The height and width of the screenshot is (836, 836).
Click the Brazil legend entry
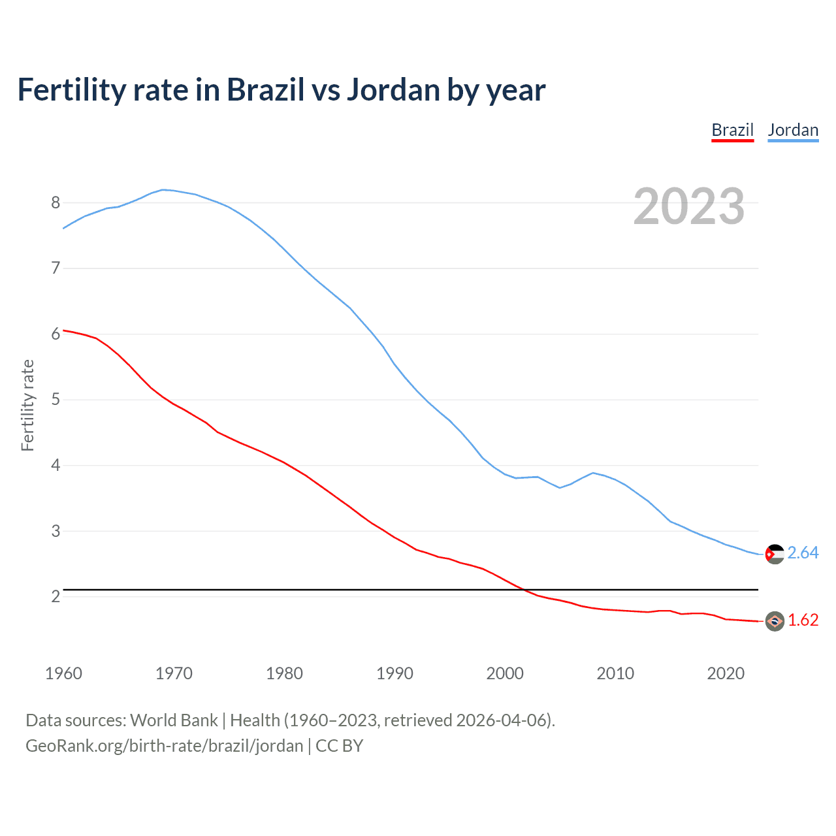pyautogui.click(x=732, y=130)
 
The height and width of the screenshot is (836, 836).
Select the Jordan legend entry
pyautogui.click(x=793, y=130)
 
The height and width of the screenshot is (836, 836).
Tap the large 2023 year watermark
pyautogui.click(x=689, y=206)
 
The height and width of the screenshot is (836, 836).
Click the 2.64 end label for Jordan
pyautogui.click(x=803, y=553)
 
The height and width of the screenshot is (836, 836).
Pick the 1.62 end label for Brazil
pyautogui.click(x=803, y=620)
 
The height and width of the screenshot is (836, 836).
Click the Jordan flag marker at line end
pyautogui.click(x=775, y=554)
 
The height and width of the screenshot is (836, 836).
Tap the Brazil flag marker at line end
pyautogui.click(x=775, y=621)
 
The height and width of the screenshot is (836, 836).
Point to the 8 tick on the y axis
pyautogui.click(x=56, y=202)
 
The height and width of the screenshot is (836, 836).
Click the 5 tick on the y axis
pyautogui.click(x=56, y=399)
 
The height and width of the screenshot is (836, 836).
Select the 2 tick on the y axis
pyautogui.click(x=56, y=596)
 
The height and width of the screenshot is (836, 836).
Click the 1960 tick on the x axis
pyautogui.click(x=63, y=673)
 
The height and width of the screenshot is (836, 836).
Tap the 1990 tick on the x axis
pyautogui.click(x=394, y=673)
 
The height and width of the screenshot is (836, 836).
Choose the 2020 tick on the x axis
pyautogui.click(x=726, y=673)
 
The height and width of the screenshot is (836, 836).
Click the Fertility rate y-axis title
pyautogui.click(x=27, y=405)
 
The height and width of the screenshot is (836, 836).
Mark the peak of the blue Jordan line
pyautogui.click(x=163, y=189)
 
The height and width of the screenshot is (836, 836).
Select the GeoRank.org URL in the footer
pyautogui.click(x=165, y=746)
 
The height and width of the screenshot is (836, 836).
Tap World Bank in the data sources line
pyautogui.click(x=174, y=720)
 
